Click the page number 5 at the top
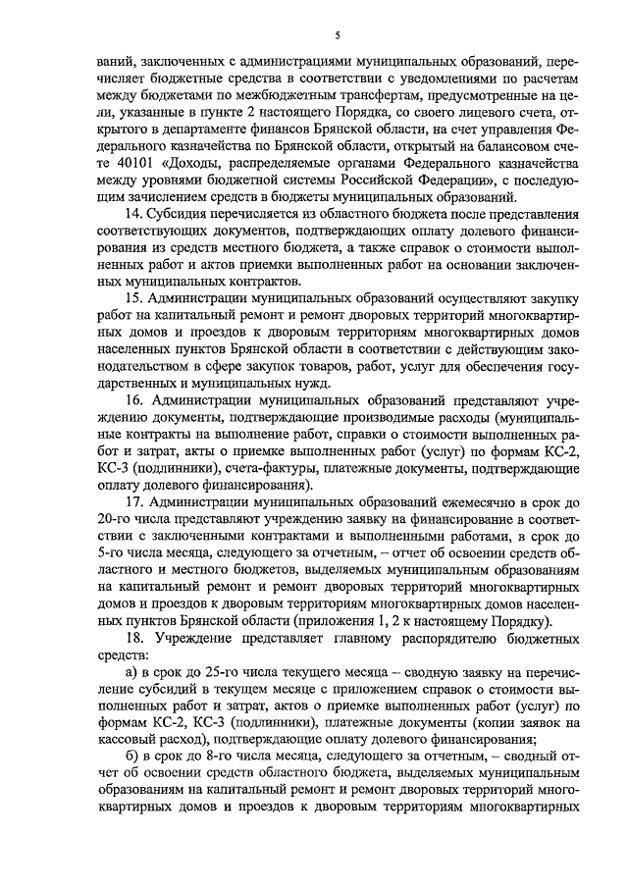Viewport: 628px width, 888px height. tap(336, 36)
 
